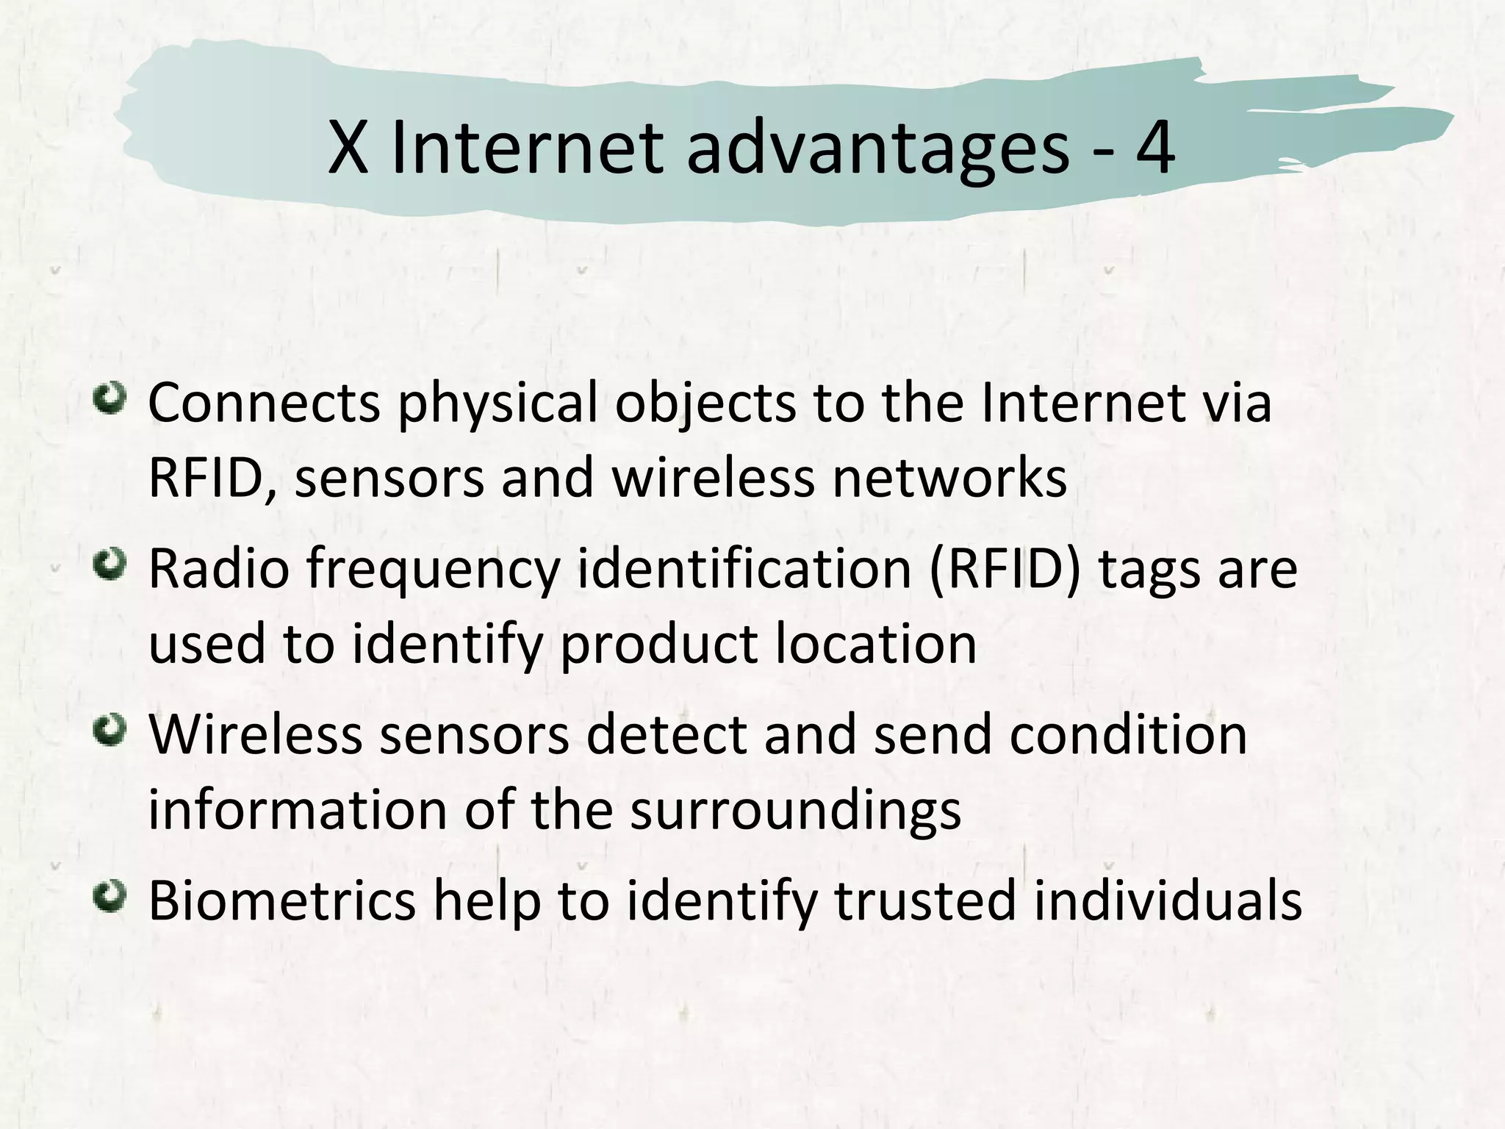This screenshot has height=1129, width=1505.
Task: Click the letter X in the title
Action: (x=348, y=149)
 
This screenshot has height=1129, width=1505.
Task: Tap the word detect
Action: (x=667, y=735)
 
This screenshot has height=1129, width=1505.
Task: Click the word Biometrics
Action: (x=281, y=900)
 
